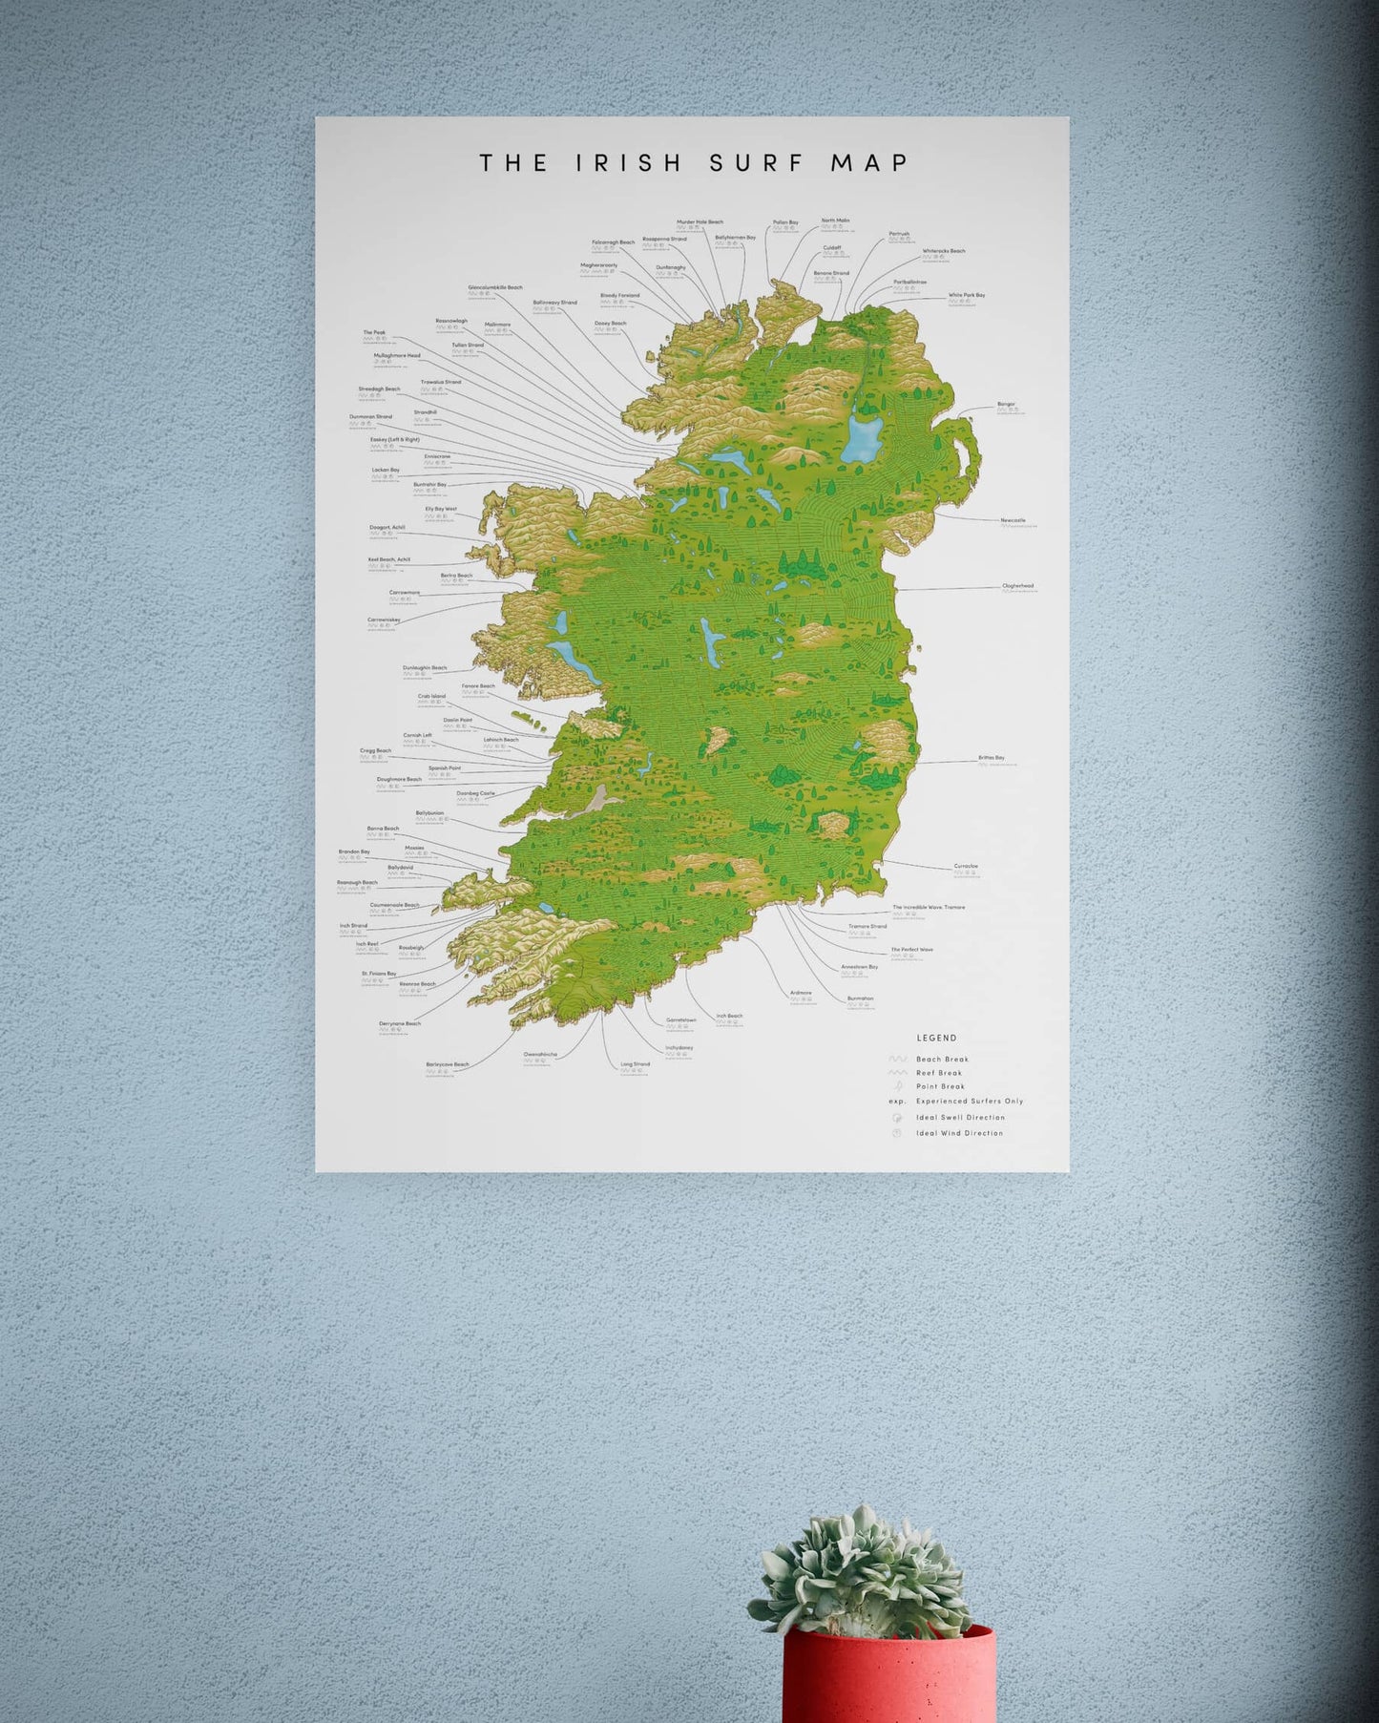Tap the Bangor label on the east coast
[x=1006, y=404]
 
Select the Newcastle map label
[x=1013, y=520]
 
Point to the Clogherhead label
[x=1017, y=586]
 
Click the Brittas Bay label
[x=991, y=758]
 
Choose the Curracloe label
[x=966, y=866]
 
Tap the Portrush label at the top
[x=899, y=233]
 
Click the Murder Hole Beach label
[x=700, y=222]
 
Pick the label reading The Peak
[x=374, y=333]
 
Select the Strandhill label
[x=425, y=412]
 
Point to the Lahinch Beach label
[x=501, y=740]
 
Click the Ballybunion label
[x=429, y=813]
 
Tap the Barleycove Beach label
[x=447, y=1064]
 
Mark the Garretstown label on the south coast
[x=680, y=1019]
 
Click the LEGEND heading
[x=936, y=1038]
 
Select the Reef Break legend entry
[x=939, y=1073]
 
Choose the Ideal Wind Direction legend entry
[x=959, y=1133]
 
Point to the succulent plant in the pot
[x=864, y=1565]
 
